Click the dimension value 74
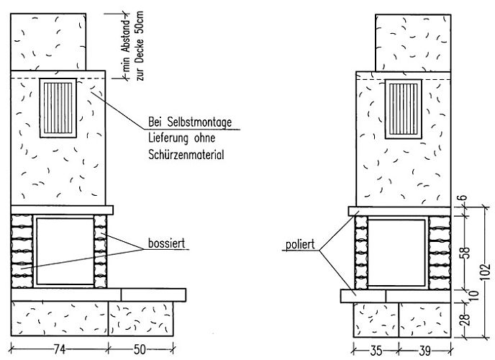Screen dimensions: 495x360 [x=59, y=349]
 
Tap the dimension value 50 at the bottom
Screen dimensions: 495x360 [x=140, y=349]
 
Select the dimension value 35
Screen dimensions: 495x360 [x=376, y=351]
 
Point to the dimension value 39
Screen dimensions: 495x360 [x=424, y=351]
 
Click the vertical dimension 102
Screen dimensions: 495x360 [x=486, y=271]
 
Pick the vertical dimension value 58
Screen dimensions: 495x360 [x=466, y=253]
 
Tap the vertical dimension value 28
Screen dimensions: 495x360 [x=466, y=318]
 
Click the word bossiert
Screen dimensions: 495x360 [x=167, y=243]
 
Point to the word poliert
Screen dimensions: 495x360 [x=300, y=244]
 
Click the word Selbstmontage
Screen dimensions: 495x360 [x=199, y=122]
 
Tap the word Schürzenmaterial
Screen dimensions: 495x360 [x=186, y=155]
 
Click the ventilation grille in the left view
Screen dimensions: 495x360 [x=58, y=108]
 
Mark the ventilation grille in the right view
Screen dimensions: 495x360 [x=404, y=109]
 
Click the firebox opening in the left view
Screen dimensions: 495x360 [x=65, y=251]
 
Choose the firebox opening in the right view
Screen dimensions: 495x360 [x=397, y=253]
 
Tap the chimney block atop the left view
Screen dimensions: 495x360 [x=48, y=42]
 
